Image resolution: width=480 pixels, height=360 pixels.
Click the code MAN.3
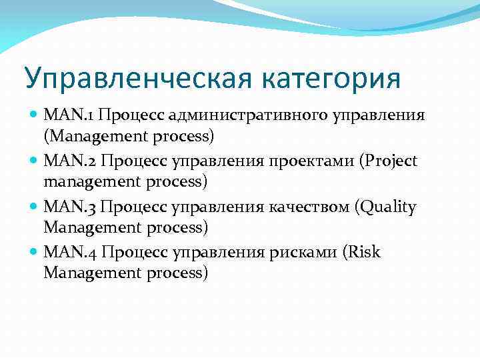point(70,207)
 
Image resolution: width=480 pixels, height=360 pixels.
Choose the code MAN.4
point(70,253)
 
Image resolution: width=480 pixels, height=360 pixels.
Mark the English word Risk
point(364,253)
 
